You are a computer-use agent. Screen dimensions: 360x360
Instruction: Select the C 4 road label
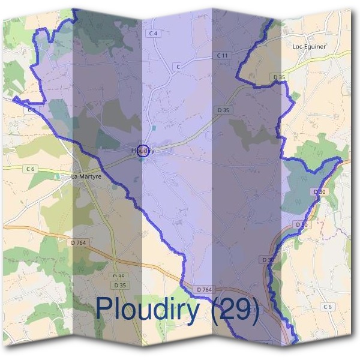coord(154,33)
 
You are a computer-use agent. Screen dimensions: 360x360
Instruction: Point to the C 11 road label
coord(223,55)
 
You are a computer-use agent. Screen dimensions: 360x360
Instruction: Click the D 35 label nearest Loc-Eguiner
coord(278,77)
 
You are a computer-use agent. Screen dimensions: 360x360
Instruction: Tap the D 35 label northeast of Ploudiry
coord(223,110)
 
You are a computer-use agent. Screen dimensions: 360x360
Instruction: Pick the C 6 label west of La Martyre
coord(31,169)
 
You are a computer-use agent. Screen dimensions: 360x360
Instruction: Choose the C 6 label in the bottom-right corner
coord(327,307)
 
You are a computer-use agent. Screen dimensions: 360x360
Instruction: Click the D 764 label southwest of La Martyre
coord(79,242)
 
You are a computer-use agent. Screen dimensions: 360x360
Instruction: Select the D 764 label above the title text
coord(204,290)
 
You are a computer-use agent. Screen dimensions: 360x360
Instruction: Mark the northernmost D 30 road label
coord(320,191)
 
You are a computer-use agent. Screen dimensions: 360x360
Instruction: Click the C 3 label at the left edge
coord(31,110)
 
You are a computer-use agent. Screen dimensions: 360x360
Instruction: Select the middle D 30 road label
coord(301,224)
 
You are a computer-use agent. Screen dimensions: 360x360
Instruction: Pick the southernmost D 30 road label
coord(268,259)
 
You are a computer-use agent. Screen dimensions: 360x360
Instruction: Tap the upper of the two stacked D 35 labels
coord(119,276)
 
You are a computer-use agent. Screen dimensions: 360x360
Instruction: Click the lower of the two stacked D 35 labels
coord(121,285)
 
